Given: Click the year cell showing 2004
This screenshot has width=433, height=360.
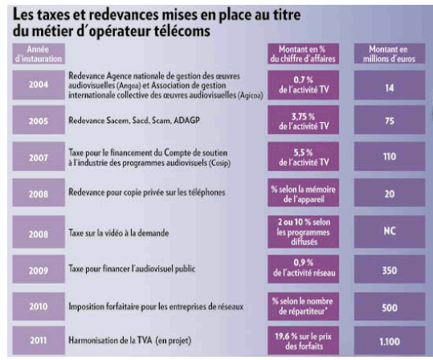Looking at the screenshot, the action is [39, 85].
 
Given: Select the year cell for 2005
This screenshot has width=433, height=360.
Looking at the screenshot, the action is [39, 120].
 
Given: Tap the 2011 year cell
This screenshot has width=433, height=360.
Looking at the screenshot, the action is [39, 340].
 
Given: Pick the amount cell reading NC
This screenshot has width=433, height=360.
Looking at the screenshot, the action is [390, 231].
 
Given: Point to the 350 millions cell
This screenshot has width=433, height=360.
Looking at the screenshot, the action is [390, 269].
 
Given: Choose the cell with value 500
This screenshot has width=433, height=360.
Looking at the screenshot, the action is [390, 306].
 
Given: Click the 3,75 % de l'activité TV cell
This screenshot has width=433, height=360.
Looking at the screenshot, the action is [303, 120].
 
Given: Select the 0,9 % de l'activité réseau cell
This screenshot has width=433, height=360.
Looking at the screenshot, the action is [303, 269].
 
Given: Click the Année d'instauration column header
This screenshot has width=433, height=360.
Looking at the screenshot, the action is [39, 54].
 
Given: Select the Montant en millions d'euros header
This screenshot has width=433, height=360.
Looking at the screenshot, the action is [390, 54].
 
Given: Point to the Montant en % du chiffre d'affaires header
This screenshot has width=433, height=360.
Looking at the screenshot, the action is [303, 54].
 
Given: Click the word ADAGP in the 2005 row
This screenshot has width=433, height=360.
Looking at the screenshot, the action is [186, 121].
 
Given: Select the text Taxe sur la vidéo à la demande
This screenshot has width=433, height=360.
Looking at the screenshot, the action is [119, 233].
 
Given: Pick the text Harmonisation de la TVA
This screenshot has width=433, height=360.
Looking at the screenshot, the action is [111, 340].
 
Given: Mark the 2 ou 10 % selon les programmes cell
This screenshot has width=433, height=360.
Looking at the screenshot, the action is [303, 231].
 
